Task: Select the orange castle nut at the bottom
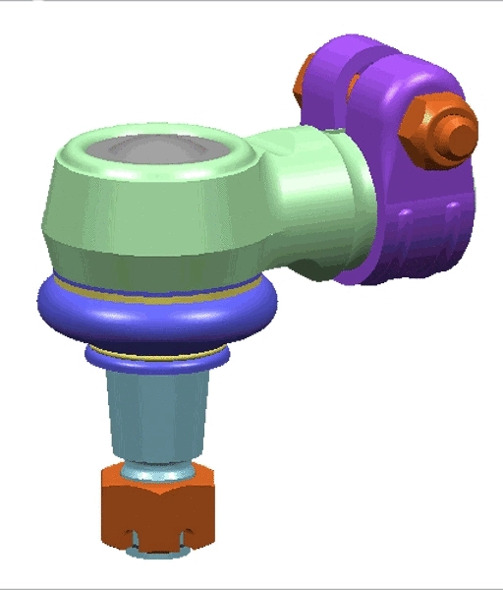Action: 157,501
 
